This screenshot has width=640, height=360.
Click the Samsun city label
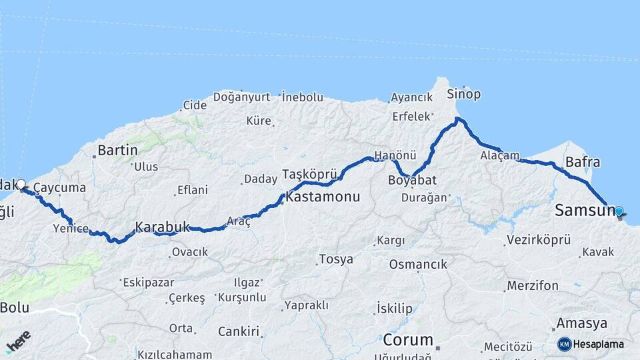(x=585, y=211)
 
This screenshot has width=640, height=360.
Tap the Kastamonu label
(x=323, y=197)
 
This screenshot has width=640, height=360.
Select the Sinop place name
(x=463, y=94)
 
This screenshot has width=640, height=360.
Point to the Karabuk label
(x=163, y=227)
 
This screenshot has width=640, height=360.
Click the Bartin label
(x=117, y=150)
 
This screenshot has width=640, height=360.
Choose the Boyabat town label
(x=412, y=181)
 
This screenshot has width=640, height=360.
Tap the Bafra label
(x=583, y=162)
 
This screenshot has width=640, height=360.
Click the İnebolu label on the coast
(x=303, y=97)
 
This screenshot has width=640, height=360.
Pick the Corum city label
(x=408, y=340)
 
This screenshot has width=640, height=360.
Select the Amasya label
(x=582, y=323)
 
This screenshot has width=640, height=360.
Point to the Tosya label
(x=336, y=259)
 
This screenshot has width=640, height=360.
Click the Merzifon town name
(x=533, y=285)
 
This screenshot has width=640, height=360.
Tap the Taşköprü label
(x=307, y=174)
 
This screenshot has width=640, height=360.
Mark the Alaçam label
(x=499, y=155)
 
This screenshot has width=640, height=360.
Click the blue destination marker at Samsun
(x=619, y=212)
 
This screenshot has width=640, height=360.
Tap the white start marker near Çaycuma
(x=21, y=184)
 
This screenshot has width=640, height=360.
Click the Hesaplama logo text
(x=599, y=345)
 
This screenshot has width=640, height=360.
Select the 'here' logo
(x=19, y=341)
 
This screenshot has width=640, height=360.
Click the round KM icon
(x=565, y=344)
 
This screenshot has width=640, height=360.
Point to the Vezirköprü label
(x=539, y=239)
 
